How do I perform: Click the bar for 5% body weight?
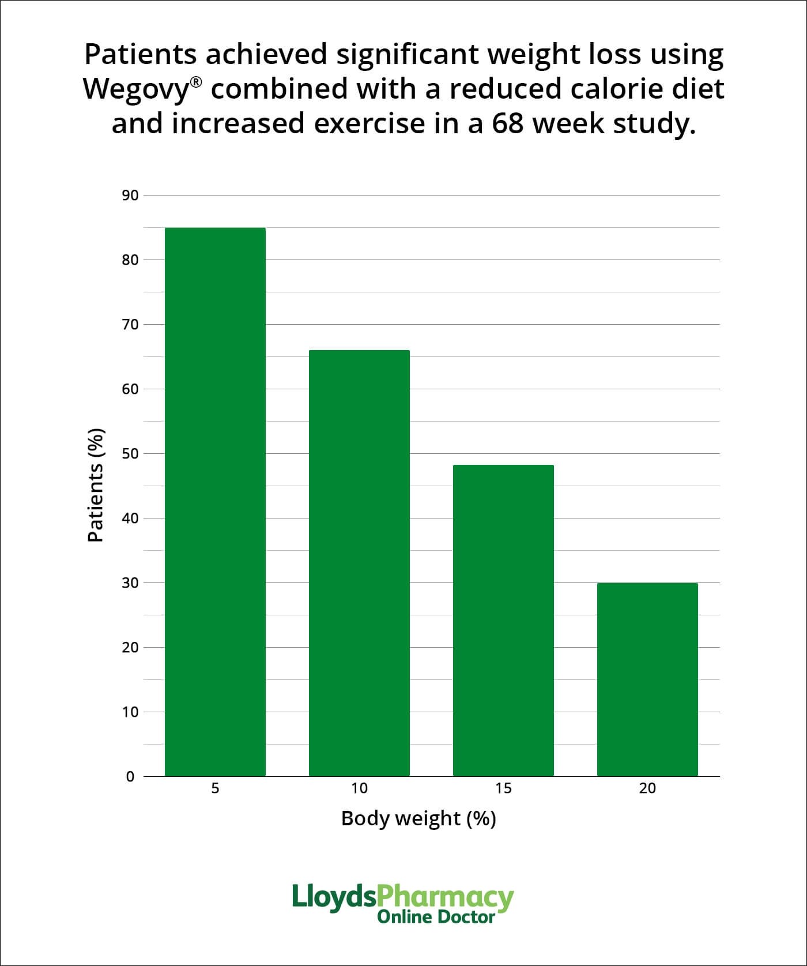[x=215, y=502]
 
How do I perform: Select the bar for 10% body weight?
[x=359, y=563]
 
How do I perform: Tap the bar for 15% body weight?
[x=503, y=621]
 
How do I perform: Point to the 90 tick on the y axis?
[x=130, y=196]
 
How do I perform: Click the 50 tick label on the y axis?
[x=130, y=454]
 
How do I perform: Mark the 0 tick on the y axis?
[x=130, y=777]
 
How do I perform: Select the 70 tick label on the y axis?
[x=130, y=325]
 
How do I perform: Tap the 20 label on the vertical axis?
[x=130, y=648]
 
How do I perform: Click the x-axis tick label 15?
[x=503, y=788]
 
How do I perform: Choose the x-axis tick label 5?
[x=215, y=788]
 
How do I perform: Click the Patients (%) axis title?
[x=96, y=485]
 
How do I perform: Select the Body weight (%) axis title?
[x=418, y=818]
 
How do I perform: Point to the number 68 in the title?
[x=508, y=123]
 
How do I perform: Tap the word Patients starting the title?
[x=141, y=54]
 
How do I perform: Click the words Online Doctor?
[x=436, y=917]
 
